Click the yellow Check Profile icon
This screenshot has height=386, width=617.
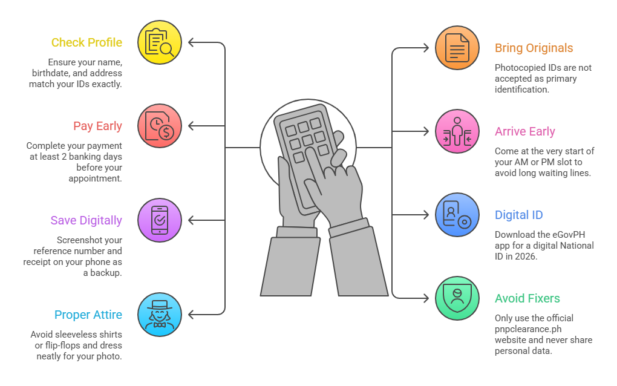pyautogui.click(x=159, y=42)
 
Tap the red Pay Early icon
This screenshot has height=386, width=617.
pyautogui.click(x=159, y=126)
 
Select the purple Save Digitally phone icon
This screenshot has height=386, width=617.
pyautogui.click(x=159, y=220)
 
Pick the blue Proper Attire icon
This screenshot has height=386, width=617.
pyautogui.click(x=159, y=315)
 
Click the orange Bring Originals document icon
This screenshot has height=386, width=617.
pyautogui.click(x=457, y=48)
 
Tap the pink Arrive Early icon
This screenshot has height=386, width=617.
pyautogui.click(x=457, y=131)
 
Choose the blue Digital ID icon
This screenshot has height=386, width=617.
pyautogui.click(x=457, y=215)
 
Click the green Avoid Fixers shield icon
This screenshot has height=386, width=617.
pyautogui.click(x=457, y=298)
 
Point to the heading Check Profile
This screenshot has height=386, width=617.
pyautogui.click(x=87, y=42)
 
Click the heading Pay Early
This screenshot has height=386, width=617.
pyautogui.click(x=97, y=126)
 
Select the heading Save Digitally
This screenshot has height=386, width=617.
pyautogui.click(x=86, y=221)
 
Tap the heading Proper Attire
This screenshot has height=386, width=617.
pyautogui.click(x=88, y=315)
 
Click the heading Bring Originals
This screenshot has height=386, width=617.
pyautogui.click(x=534, y=48)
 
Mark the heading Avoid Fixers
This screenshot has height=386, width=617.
pyautogui.click(x=527, y=298)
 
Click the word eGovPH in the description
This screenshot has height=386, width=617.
pyautogui.click(x=569, y=235)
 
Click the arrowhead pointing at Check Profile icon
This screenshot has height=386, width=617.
pyautogui.click(x=192, y=42)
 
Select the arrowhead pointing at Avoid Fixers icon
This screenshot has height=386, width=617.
pyautogui.click(x=425, y=298)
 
